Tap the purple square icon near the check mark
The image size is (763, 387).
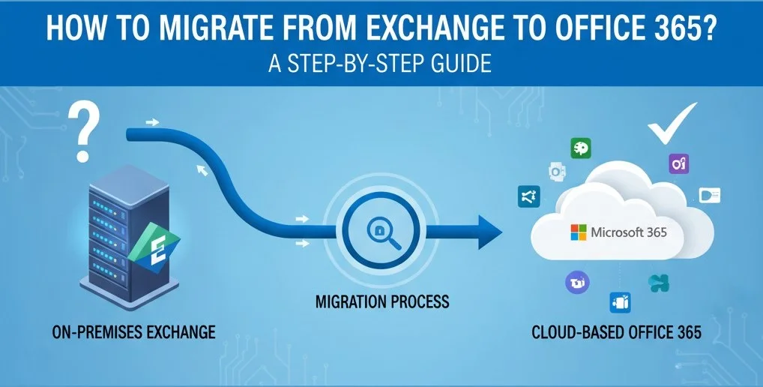click(680, 164)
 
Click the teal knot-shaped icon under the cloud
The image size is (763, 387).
click(658, 283)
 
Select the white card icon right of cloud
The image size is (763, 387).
click(709, 196)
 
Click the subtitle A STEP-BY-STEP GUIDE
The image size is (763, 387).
click(381, 64)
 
